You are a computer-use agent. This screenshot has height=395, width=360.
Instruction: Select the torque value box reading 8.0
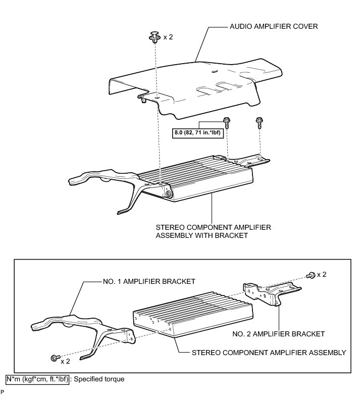pyautogui.click(x=198, y=133)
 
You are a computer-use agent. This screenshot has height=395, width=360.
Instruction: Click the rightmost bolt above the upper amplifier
pyautogui.click(x=259, y=121)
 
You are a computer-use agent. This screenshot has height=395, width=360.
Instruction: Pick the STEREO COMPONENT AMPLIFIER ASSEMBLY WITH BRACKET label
pyautogui.click(x=214, y=232)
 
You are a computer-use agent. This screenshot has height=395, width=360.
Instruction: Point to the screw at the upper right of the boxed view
pyautogui.click(x=311, y=274)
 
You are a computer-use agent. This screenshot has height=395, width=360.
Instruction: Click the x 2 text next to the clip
pyautogui.click(x=168, y=37)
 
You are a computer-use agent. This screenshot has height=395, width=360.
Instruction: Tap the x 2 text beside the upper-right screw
pyautogui.click(x=322, y=274)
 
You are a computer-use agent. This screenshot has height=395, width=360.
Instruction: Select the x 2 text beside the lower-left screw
pyautogui.click(x=65, y=362)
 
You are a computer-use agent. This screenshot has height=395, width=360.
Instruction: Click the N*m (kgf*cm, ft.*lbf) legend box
pyautogui.click(x=37, y=378)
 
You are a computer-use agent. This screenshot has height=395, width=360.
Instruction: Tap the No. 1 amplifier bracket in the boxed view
pyautogui.click(x=81, y=323)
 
